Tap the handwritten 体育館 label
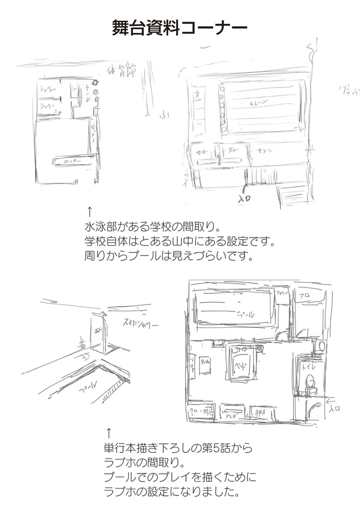(121, 70)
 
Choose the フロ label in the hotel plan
(304, 295)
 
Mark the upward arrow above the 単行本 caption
(108, 431)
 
